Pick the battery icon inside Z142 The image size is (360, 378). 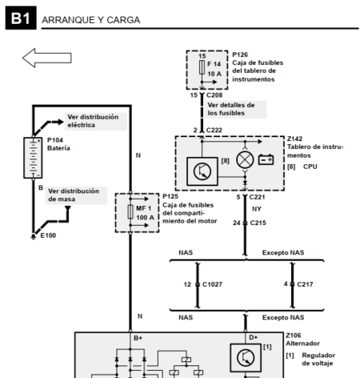[x=266, y=159]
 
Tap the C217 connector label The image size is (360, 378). [x=302, y=284]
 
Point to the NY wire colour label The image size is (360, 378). [x=257, y=209]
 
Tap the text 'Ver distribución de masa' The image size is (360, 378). [x=74, y=195]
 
